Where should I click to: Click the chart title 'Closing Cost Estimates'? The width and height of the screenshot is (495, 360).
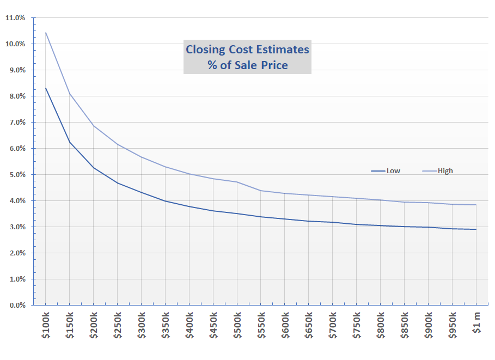(247, 50)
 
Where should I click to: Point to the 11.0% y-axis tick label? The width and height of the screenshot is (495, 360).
(15, 17)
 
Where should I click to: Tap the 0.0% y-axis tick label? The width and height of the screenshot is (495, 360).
(16, 306)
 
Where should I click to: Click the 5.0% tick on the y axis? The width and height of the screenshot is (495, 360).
(16, 175)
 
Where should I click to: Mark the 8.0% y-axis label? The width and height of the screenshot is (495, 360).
(16, 96)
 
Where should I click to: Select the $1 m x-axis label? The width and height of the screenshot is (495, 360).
(476, 325)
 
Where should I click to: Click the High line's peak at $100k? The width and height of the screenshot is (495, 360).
(46, 33)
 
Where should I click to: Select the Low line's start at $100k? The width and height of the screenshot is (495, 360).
(46, 88)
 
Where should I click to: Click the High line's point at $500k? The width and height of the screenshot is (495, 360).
(237, 182)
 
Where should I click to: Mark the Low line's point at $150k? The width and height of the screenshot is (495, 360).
(70, 142)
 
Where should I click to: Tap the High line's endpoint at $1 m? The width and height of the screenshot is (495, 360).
(476, 205)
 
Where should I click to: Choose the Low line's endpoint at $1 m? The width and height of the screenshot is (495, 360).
(476, 229)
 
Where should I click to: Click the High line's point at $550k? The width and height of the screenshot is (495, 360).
(261, 191)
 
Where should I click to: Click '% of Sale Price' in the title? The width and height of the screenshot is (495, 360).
(247, 65)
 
